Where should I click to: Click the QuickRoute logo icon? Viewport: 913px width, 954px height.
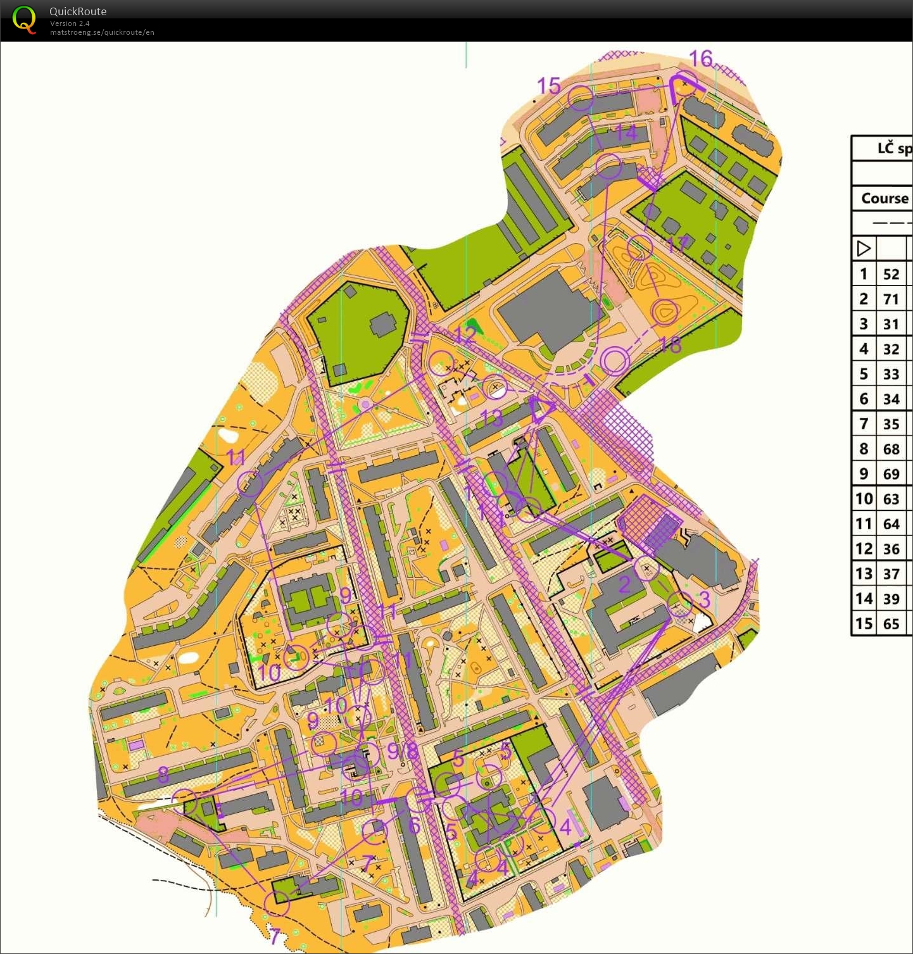tap(24, 20)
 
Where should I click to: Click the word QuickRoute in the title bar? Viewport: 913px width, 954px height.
tap(78, 11)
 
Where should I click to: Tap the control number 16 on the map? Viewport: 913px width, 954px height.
tap(701, 59)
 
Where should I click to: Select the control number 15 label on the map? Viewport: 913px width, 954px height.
tap(549, 85)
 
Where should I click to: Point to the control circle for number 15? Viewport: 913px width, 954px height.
tap(581, 98)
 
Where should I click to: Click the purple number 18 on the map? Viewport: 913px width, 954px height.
tap(671, 345)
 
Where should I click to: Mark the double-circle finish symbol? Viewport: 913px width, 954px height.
tap(614, 361)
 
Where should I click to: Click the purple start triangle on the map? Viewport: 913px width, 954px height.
tap(542, 409)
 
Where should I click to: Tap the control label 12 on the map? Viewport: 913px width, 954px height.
tap(465, 334)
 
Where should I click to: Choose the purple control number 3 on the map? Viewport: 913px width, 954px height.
tap(704, 599)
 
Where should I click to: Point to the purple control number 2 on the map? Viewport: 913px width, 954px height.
tap(624, 584)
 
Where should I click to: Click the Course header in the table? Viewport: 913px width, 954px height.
tap(885, 198)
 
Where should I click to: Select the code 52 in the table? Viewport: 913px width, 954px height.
tap(891, 274)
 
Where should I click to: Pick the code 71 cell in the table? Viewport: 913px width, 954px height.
tap(891, 299)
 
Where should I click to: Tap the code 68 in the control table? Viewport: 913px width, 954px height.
tap(891, 449)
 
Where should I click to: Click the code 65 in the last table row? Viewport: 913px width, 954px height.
tap(891, 624)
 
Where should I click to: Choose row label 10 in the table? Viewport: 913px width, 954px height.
tap(864, 499)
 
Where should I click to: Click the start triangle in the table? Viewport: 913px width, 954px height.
tap(864, 248)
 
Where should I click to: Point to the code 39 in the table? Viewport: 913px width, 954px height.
tap(891, 599)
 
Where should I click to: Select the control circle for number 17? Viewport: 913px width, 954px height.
tap(639, 247)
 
